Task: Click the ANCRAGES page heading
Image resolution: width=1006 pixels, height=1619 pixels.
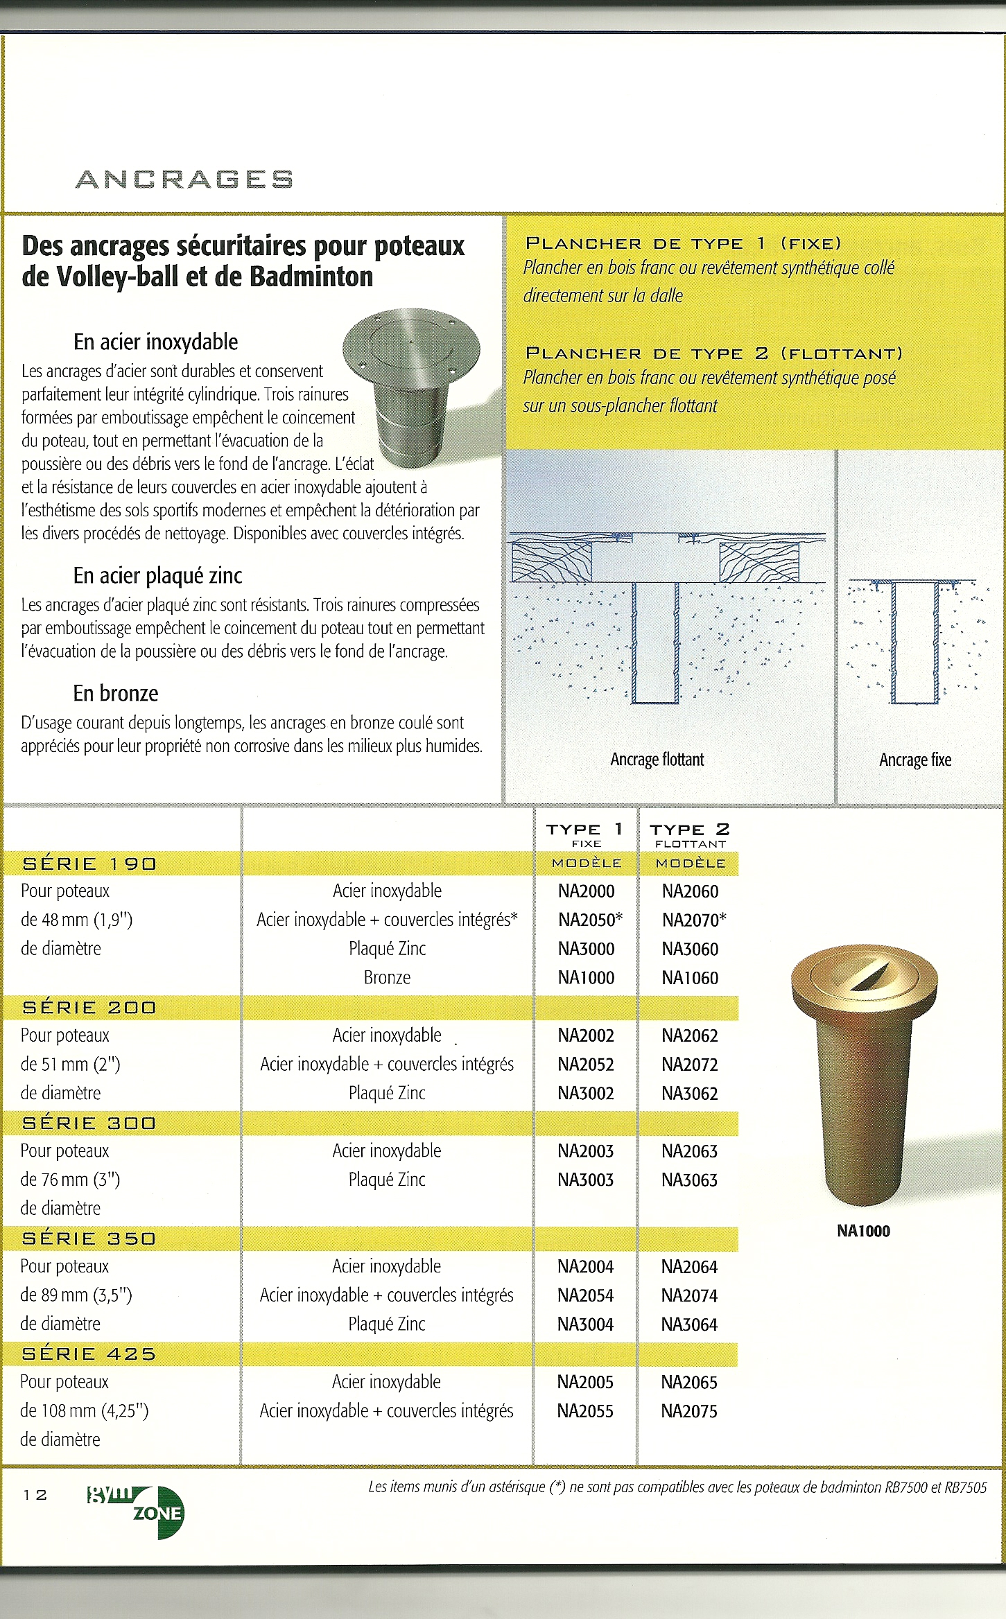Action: pos(184,180)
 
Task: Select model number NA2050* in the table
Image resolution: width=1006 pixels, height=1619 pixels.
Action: pos(589,920)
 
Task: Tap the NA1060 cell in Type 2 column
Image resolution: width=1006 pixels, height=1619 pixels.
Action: pos(690,978)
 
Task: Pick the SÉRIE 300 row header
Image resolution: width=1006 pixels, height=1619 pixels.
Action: pos(89,1123)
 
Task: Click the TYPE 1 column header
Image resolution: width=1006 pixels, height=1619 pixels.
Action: pos(585,830)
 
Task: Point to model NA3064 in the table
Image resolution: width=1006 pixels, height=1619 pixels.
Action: pos(689,1324)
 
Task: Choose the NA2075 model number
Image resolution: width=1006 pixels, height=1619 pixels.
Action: pos(689,1411)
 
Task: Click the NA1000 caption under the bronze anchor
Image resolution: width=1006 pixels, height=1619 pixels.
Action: pos(863,1231)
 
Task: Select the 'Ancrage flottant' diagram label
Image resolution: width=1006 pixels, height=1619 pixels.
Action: pos(657,760)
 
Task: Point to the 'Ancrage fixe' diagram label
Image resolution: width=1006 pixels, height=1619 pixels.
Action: pos(915,760)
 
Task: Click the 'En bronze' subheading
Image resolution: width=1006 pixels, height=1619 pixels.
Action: pos(116,693)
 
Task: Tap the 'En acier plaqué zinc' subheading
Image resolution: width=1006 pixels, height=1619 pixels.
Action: pos(157,575)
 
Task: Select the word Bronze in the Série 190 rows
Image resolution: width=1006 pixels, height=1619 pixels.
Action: pos(387,977)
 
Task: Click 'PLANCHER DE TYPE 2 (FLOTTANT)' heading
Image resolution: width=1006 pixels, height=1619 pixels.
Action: pos(714,353)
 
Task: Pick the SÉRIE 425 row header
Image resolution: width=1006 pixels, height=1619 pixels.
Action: pos(89,1354)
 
